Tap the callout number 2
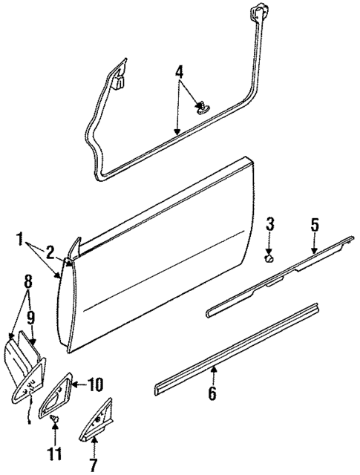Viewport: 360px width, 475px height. pyautogui.click(x=50, y=252)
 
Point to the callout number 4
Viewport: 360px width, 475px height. pyautogui.click(x=178, y=73)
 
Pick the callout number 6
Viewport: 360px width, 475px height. pyautogui.click(x=212, y=393)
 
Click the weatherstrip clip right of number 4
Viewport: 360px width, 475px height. pyautogui.click(x=202, y=108)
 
